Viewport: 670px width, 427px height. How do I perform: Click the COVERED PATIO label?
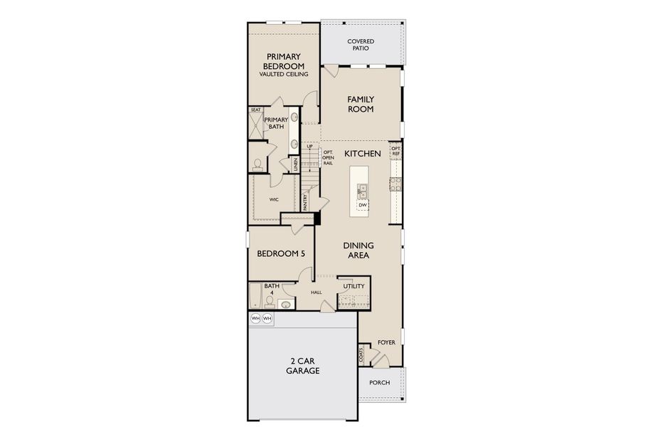tap(361, 45)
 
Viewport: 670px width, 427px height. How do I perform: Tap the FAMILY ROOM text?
tap(361, 104)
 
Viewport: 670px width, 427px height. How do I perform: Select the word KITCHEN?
tap(363, 153)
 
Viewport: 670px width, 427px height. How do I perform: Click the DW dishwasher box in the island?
tap(363, 205)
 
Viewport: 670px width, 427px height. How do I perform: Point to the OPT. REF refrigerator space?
tap(395, 151)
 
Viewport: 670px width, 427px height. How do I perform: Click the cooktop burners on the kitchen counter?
tap(395, 184)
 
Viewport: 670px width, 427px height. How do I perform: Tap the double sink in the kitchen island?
tap(362, 190)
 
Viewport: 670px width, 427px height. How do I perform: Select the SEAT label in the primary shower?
tap(255, 110)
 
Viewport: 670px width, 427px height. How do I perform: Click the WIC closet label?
tap(274, 200)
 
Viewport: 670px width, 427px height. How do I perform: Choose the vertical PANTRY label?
tap(304, 204)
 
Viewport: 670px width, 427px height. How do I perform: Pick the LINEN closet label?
tap(294, 164)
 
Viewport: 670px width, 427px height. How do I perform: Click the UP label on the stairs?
tap(309, 147)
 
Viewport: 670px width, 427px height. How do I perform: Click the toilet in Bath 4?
tap(286, 305)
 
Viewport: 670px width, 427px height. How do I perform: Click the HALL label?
tap(317, 292)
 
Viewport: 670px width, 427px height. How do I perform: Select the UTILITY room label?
tap(353, 286)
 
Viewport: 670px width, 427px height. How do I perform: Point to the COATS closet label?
tap(362, 354)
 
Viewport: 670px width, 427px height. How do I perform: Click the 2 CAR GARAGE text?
tap(303, 366)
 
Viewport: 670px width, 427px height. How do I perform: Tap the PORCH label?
tap(380, 383)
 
